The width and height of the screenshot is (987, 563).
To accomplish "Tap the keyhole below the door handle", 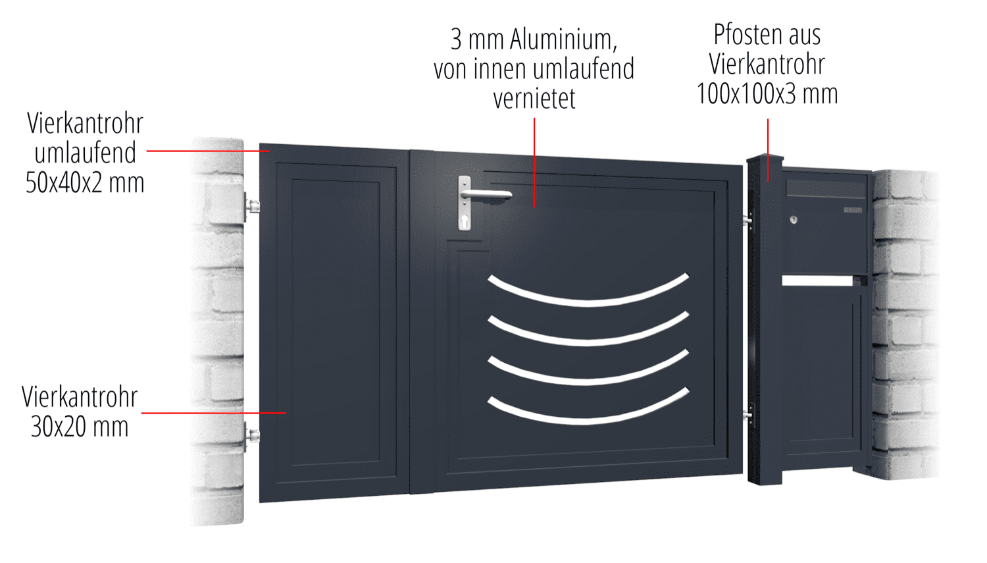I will coord(465,222).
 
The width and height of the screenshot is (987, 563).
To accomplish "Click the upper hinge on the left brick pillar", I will coord(251,206).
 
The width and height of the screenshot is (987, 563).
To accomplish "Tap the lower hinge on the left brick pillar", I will coord(252,435).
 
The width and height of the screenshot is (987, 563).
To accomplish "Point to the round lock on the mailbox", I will coord(794,220).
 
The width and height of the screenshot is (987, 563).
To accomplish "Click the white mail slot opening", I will coord(817,281).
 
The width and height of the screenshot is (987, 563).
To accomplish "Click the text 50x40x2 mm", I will coord(85,183).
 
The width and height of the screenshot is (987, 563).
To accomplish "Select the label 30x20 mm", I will coord(80,427).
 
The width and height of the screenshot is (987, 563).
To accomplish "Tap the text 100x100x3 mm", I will coord(767,94).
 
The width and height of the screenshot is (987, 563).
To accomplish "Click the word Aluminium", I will coord(563,40).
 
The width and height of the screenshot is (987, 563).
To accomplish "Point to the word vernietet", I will coord(534,99).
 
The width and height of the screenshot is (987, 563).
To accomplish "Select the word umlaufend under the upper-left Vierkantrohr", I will coord(85,153).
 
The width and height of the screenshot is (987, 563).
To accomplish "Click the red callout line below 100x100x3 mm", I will coord(768,149).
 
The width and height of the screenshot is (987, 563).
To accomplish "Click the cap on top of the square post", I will coord(765,159).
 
